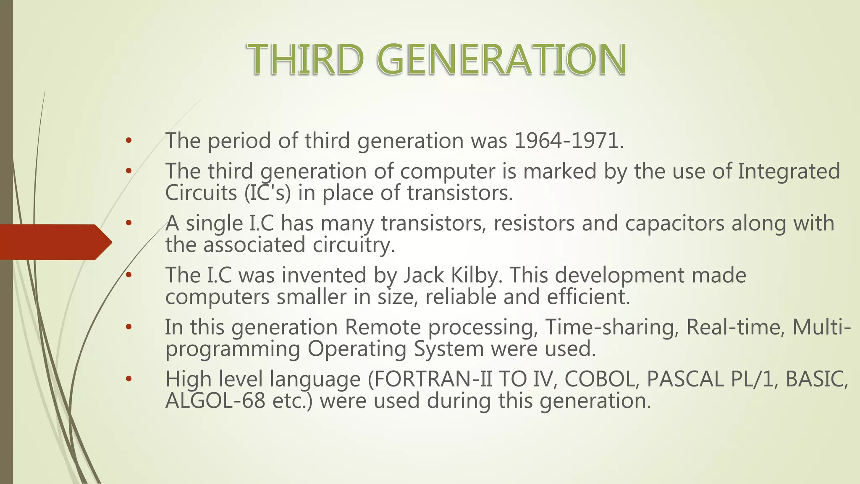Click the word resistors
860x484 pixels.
(534, 223)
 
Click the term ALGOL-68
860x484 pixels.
(215, 401)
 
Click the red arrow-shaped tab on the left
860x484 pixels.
(55, 242)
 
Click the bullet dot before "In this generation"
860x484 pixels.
(128, 327)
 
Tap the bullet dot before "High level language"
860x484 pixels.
(128, 379)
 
